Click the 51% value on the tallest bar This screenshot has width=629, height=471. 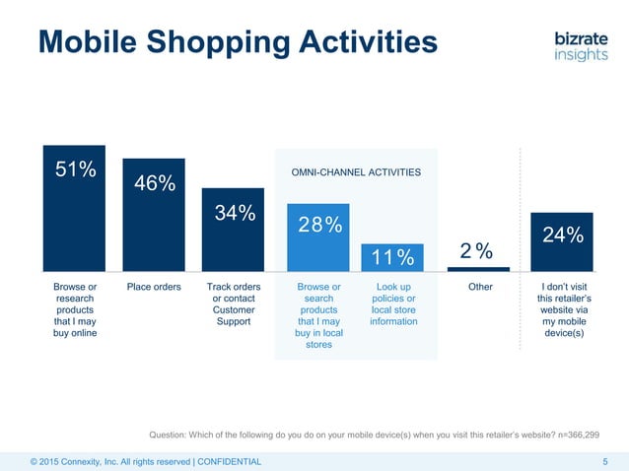tap(74, 169)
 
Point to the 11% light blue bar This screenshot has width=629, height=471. tap(392, 257)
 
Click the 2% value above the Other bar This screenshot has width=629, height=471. tap(477, 252)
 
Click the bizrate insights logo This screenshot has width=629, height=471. tap(581, 45)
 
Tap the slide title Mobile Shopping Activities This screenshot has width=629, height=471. tap(237, 42)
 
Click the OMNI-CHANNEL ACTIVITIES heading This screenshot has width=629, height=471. tap(356, 172)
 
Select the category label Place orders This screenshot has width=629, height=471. tap(154, 288)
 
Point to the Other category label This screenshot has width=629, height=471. tap(479, 288)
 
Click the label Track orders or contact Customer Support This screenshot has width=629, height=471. tap(233, 304)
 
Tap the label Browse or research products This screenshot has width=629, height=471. tap(74, 310)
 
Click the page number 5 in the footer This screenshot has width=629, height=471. tap(604, 461)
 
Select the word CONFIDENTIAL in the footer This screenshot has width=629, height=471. tap(230, 461)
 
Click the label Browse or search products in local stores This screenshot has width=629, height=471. tap(318, 316)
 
